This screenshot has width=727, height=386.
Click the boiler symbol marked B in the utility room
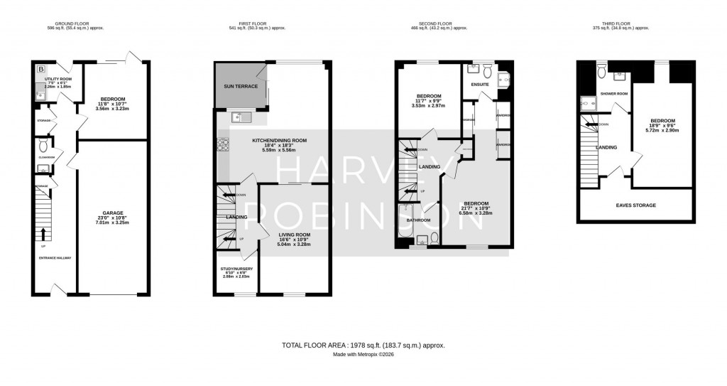click(40, 69)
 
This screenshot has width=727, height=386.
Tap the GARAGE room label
click(113, 213)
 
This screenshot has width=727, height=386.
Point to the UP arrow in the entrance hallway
click(43, 233)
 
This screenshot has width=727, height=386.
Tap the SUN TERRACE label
click(239, 88)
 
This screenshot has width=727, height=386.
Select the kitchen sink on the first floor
click(238, 117)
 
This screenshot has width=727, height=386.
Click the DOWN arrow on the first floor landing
click(229, 194)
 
